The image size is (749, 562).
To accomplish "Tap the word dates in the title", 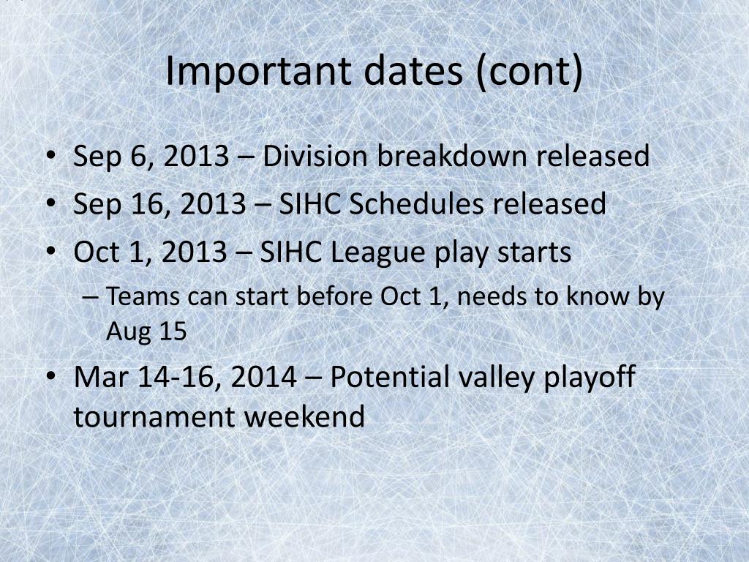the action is tap(413, 71).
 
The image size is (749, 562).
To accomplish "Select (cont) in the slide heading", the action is tap(530, 72).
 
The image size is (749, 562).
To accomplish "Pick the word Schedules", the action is tap(416, 203).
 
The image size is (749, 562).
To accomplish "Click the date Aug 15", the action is tap(146, 331).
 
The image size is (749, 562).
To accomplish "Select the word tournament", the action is tap(154, 416).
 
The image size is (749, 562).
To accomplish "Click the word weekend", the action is tap(304, 416).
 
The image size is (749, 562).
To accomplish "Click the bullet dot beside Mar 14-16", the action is tap(50, 376).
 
